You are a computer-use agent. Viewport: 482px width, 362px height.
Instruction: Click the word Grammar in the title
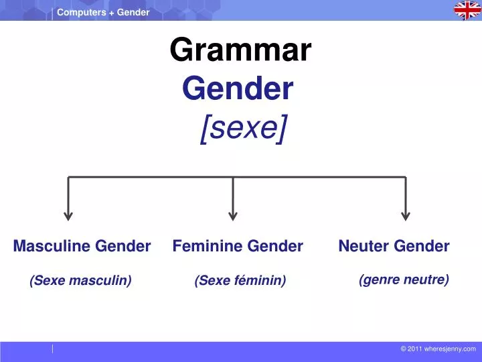240,50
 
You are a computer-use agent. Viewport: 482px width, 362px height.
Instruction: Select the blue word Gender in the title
238,88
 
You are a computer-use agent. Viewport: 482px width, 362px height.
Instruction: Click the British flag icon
467,10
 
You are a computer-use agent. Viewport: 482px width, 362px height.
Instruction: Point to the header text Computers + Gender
103,12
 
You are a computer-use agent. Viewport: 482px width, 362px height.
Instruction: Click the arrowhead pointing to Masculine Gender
68,215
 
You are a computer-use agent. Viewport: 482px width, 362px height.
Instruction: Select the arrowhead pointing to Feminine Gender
233,215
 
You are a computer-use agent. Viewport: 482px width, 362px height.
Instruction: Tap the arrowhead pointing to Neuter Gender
405,215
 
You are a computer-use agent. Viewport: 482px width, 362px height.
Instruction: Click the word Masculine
52,246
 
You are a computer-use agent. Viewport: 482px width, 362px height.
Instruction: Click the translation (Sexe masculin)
80,281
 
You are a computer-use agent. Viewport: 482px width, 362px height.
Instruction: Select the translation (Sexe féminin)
240,281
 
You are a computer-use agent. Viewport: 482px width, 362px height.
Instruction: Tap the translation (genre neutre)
404,280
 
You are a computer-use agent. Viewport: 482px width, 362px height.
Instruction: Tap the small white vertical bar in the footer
53,349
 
